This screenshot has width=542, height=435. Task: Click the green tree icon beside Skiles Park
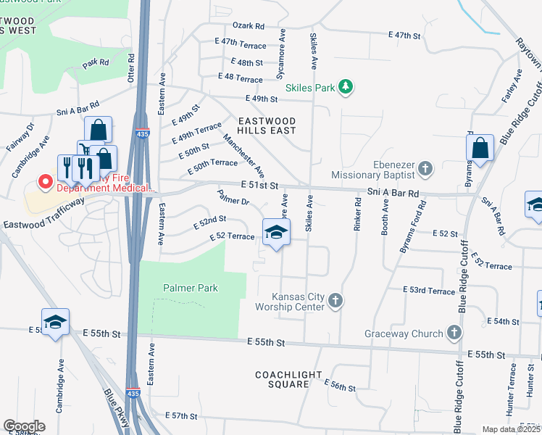346,88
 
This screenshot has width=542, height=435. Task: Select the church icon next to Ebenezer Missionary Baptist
425,169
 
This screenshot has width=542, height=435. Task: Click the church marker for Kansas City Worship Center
335,300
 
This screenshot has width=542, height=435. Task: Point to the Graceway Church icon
454,333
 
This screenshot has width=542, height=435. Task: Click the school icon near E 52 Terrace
276,233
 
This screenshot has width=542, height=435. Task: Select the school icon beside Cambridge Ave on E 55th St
55,323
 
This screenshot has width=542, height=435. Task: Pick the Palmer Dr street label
233,198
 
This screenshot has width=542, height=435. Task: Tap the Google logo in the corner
24,426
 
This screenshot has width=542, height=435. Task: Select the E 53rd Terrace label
429,290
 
